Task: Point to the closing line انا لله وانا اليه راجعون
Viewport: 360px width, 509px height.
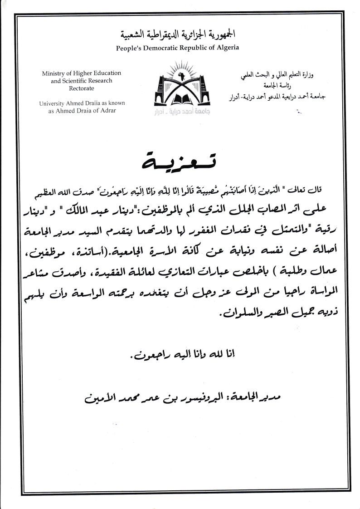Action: tap(180, 354)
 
